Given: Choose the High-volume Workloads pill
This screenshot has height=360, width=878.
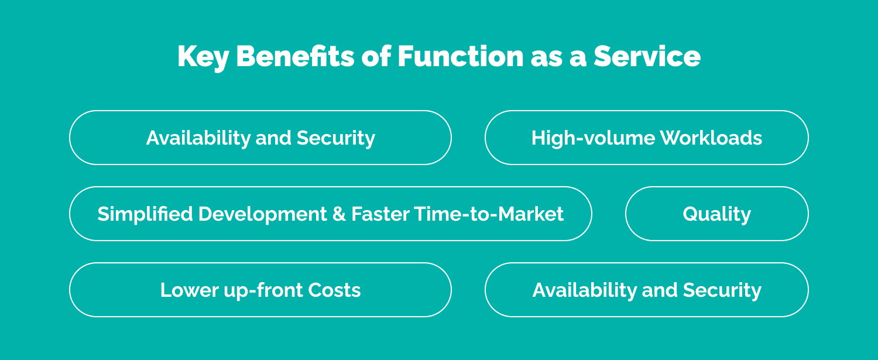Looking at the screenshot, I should (x=646, y=138).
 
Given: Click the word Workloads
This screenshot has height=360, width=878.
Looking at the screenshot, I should (x=711, y=138).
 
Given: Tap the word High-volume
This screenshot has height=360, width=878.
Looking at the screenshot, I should (x=592, y=138).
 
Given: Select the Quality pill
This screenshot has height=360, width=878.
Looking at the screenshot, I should (x=716, y=214).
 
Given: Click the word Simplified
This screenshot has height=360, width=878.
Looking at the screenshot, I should (x=145, y=214).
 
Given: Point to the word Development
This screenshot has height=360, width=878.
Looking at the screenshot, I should (x=262, y=214).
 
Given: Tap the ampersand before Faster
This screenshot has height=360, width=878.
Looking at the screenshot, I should (x=339, y=214).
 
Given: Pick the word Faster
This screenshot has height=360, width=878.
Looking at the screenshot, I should (x=380, y=214).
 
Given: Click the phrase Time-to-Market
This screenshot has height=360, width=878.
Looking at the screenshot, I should (x=489, y=214).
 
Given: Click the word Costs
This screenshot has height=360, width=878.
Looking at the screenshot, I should (x=335, y=290).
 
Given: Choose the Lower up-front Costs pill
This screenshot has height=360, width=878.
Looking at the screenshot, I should (x=260, y=290).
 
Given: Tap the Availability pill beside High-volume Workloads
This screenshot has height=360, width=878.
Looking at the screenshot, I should (x=260, y=138).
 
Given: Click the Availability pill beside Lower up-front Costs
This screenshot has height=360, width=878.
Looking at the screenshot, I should (x=646, y=290).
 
